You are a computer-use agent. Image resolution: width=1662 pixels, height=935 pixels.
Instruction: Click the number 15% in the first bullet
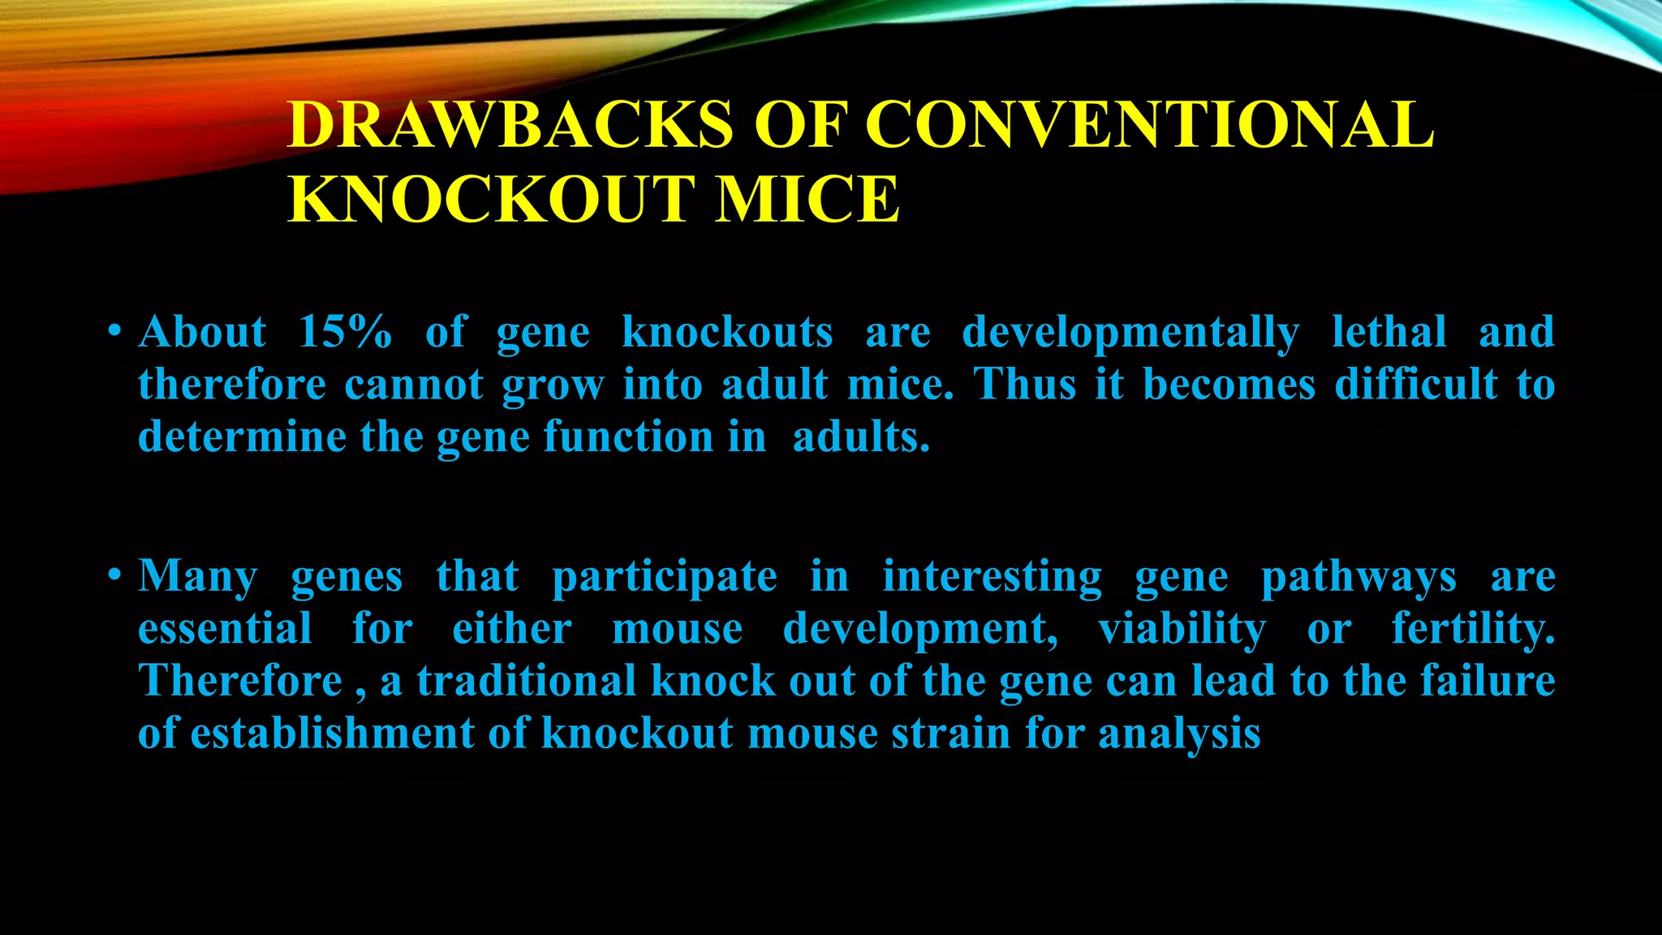coord(345,333)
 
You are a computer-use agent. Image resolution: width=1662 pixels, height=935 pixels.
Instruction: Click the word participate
coord(664,578)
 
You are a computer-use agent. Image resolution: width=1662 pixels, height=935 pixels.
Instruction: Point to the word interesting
coord(992,578)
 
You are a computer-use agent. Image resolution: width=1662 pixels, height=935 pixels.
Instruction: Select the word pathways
coord(1358,578)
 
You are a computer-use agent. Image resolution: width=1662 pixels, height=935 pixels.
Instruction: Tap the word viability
coord(1182,630)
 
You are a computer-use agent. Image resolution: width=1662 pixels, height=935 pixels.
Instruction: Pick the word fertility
coord(1473,630)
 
